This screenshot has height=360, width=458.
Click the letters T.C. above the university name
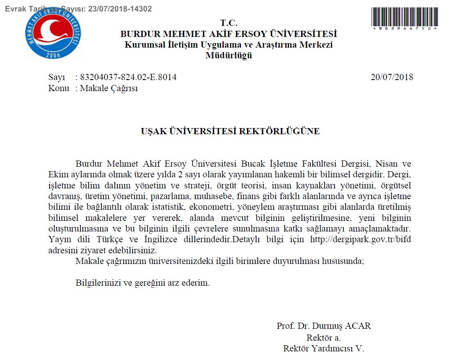click(229, 23)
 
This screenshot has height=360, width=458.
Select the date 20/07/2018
click(392, 77)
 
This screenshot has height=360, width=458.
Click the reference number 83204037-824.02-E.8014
click(128, 77)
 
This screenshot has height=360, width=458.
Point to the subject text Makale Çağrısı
click(109, 88)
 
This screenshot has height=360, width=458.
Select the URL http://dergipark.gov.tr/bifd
click(361, 240)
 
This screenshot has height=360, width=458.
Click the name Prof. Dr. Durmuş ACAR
click(323, 326)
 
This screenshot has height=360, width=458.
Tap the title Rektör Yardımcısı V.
click(323, 349)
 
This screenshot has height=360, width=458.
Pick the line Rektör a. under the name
click(323, 338)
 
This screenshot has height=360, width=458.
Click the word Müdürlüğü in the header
click(229, 55)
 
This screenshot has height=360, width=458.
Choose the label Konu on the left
click(59, 88)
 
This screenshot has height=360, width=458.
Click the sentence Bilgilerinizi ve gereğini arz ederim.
click(143, 283)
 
